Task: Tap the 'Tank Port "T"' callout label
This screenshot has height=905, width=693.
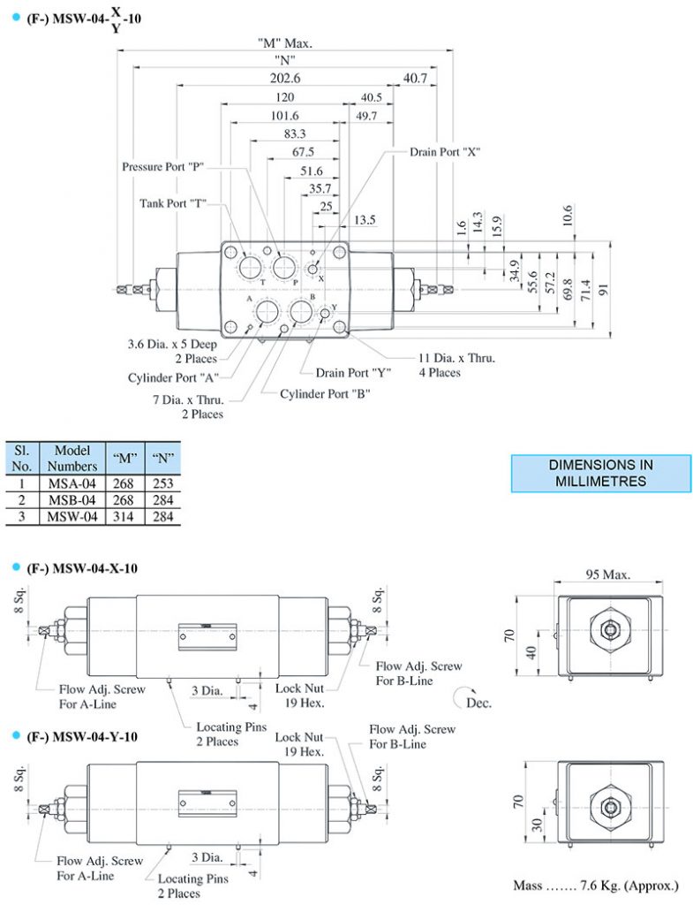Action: [173, 203]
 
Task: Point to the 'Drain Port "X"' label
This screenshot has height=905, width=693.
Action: [444, 151]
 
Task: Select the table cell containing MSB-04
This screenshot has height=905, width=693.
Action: [72, 501]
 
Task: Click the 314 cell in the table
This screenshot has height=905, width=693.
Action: [124, 517]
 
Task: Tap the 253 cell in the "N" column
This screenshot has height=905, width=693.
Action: [162, 484]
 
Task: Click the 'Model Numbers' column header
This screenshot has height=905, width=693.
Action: [72, 458]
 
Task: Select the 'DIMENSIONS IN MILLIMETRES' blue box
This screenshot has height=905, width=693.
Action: [600, 473]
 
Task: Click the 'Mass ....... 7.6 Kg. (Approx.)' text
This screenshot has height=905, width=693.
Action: [596, 885]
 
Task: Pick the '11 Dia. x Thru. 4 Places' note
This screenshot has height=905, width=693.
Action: [456, 365]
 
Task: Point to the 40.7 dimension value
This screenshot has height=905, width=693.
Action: [415, 79]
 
